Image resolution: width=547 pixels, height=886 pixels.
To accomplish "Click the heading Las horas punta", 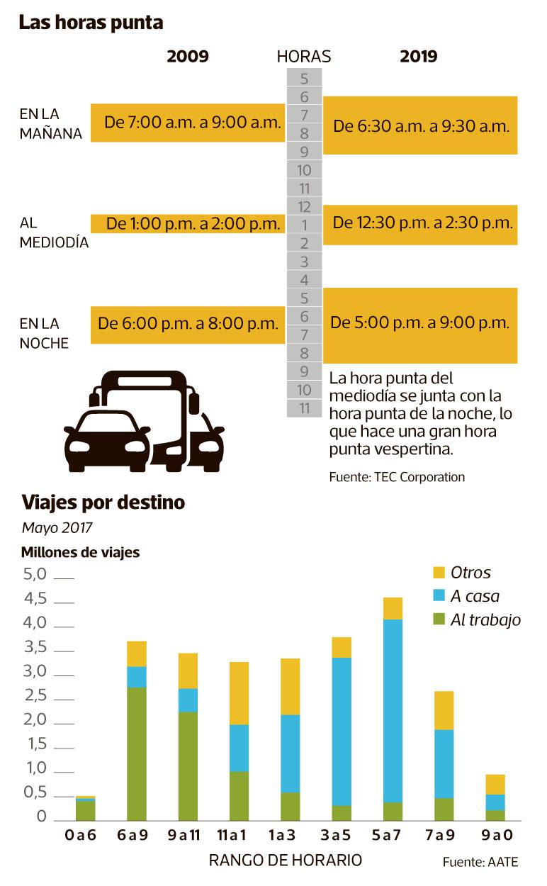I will (x=91, y=23).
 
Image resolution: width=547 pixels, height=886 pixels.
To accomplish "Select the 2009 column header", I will (x=188, y=57).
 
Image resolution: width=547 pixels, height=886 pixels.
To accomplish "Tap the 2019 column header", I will (x=418, y=57).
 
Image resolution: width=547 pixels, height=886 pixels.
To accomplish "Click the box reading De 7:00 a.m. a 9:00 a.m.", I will (x=188, y=123).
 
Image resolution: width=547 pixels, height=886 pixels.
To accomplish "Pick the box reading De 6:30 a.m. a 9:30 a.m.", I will (x=422, y=126).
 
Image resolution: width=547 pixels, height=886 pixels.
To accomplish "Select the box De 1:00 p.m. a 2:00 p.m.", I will (x=188, y=224).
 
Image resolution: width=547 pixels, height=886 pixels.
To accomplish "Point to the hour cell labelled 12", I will (x=305, y=207).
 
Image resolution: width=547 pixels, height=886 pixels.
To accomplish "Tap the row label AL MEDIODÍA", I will (x=54, y=232).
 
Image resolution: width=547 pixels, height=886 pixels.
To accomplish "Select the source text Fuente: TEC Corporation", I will (x=397, y=477).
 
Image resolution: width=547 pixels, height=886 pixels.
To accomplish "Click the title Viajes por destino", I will (x=103, y=503).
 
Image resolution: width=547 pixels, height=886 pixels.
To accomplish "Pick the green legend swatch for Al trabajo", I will (x=438, y=619).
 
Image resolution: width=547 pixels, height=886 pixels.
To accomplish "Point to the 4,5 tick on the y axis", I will (x=35, y=599).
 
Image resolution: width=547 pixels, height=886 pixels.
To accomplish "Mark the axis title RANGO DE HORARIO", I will (x=286, y=860).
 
